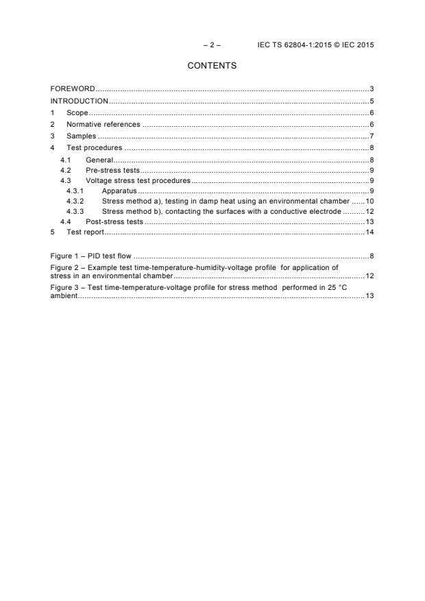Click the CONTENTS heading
(212, 66)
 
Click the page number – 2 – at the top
(212, 45)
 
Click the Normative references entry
(103, 125)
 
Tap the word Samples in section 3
(81, 136)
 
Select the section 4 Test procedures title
(94, 148)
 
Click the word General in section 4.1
(99, 160)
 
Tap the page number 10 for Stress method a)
(369, 201)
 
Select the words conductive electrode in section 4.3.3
(305, 212)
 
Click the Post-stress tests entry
(114, 222)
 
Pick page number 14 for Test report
(369, 232)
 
